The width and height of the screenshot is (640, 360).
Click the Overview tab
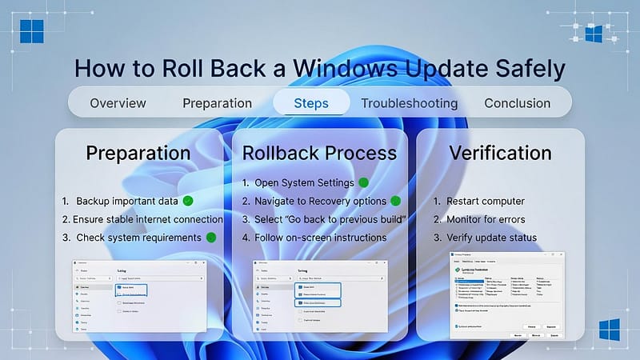118,103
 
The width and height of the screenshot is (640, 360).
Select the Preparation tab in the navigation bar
217,103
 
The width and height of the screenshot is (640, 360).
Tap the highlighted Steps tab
311,103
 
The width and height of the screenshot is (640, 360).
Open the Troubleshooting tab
409,103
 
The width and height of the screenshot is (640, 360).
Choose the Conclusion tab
517,103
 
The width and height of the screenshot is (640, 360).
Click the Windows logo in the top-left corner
32,31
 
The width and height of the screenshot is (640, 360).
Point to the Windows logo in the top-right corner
594,33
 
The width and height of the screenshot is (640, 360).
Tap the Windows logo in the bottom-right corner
610,330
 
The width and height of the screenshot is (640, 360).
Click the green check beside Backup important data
189,201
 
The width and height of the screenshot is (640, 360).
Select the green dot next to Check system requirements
211,238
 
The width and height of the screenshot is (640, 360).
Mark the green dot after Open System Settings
363,182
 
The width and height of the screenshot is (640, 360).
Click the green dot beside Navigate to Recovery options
395,201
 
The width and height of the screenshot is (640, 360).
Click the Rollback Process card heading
319,152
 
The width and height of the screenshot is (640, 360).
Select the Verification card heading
500,152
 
